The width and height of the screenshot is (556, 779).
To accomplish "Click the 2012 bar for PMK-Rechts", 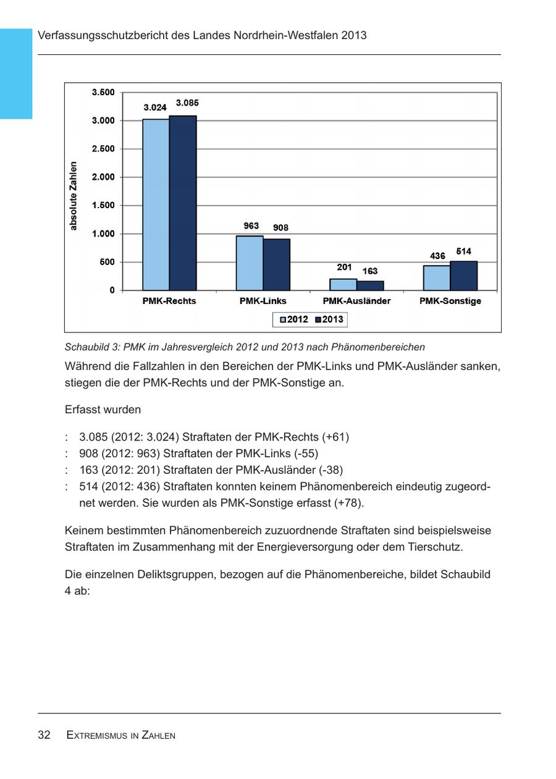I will point(156,204).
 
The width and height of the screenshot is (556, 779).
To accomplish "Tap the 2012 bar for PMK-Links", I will point(250,263).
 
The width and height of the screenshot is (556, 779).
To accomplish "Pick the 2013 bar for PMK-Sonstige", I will point(463,276).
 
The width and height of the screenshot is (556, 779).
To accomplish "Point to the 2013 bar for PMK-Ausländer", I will point(370,285).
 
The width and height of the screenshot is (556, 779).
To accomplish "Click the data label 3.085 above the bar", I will point(187,103).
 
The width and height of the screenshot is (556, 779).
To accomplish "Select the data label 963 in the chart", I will point(251,226).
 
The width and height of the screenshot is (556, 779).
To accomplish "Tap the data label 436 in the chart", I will point(437,256).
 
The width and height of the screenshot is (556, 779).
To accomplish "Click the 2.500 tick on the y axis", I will point(103,149).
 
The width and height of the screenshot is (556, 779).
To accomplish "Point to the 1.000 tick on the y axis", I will point(103,234).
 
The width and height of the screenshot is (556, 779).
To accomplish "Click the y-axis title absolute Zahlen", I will point(74,196).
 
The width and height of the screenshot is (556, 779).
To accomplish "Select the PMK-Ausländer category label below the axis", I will point(356,301).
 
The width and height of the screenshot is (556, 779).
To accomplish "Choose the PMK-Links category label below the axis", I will point(263,301).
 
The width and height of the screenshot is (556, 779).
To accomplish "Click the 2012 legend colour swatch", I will point(283,320).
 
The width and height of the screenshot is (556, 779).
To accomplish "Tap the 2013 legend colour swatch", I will point(319,320).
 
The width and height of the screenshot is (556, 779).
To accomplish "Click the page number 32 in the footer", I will point(44,735).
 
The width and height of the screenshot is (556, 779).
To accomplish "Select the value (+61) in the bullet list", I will point(335,437).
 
